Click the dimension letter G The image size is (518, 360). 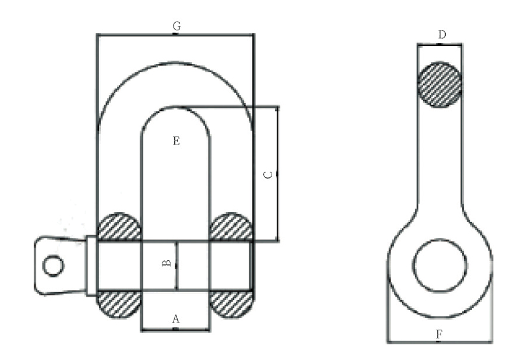pyautogui.click(x=177, y=26)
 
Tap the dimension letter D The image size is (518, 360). pyautogui.click(x=442, y=35)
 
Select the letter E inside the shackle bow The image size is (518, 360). pyautogui.click(x=177, y=141)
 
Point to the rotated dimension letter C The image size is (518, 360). pyautogui.click(x=269, y=174)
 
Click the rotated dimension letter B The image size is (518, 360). pyautogui.click(x=167, y=263)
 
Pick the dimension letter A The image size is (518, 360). pyautogui.click(x=175, y=319)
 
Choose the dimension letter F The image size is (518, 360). pyautogui.click(x=439, y=334)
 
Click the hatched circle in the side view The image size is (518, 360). pyautogui.click(x=439, y=85)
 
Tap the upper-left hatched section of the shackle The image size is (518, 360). pyautogui.click(x=119, y=226)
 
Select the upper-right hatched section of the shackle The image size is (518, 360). pyautogui.click(x=231, y=226)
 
